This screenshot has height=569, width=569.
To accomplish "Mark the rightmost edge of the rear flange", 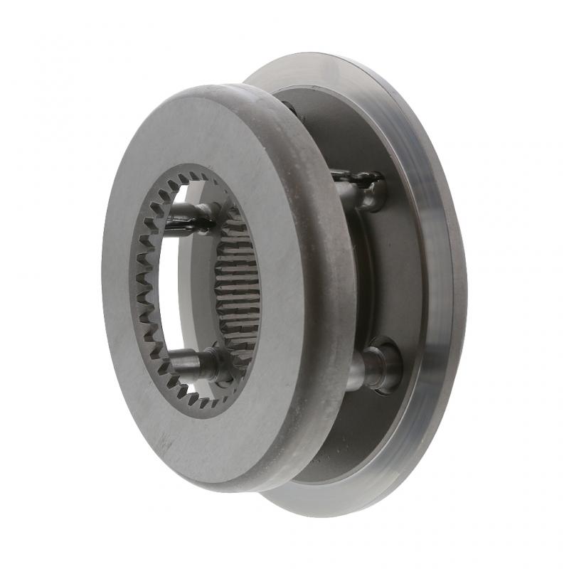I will tap(466, 284).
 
